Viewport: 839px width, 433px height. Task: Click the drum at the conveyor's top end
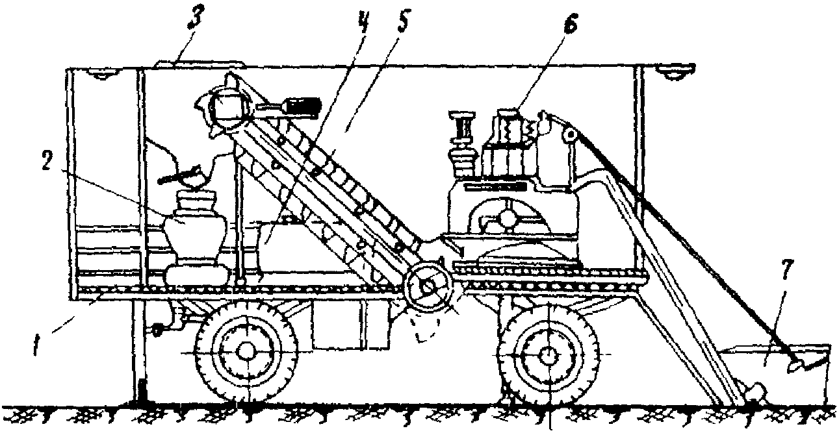pyautogui.click(x=227, y=105)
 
